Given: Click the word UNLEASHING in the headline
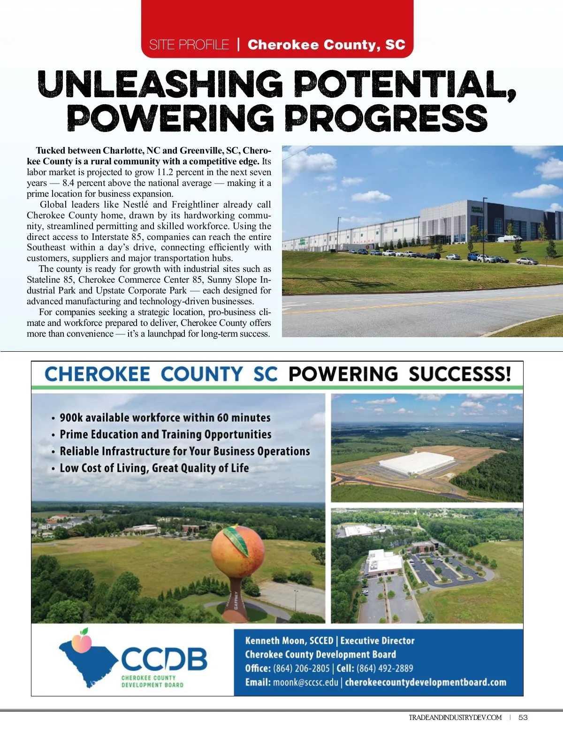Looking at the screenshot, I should [160, 85].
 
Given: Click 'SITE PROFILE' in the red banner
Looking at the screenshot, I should [189, 45].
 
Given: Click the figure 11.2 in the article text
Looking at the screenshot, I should [168, 172].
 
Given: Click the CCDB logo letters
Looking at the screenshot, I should [164, 658].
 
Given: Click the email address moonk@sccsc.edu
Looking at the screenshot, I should [305, 682].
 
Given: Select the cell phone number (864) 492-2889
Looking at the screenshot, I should [385, 668].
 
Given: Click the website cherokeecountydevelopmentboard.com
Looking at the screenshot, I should [426, 682].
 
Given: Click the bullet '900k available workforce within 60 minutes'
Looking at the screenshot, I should [165, 417].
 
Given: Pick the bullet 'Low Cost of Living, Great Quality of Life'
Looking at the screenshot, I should [154, 468].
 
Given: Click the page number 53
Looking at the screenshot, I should [523, 718].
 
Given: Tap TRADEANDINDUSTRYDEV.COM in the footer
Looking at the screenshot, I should [455, 718].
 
